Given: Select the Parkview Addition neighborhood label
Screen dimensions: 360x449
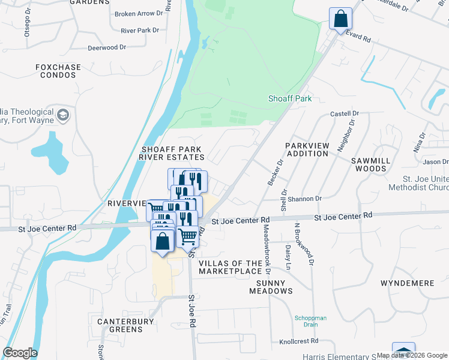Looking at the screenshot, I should pyautogui.click(x=307, y=149).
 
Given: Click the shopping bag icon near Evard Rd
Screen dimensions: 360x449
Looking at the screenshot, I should pyautogui.click(x=340, y=19).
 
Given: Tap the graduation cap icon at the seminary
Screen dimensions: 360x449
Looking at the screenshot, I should pyautogui.click(x=62, y=114).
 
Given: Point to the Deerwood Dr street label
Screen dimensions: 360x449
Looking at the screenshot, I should pyautogui.click(x=107, y=47).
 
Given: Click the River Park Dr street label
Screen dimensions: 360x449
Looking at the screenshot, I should pyautogui.click(x=139, y=30).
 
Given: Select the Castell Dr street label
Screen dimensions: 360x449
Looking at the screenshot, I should pyautogui.click(x=345, y=113).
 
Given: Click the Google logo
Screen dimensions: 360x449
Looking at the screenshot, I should pyautogui.click(x=20, y=353).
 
